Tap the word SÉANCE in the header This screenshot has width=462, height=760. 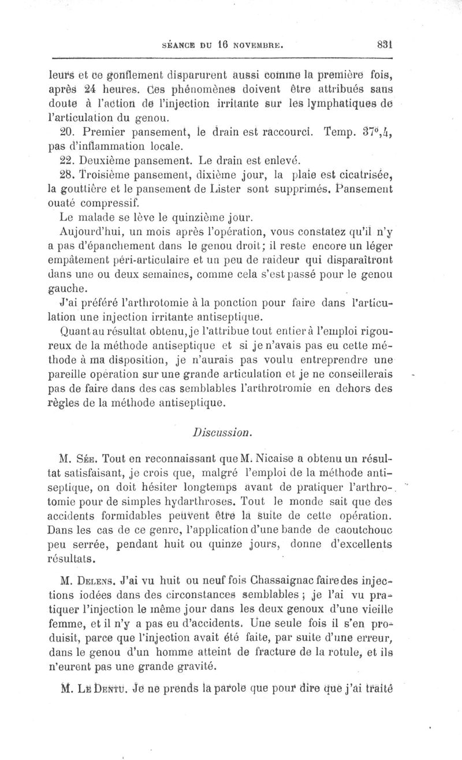click(181, 43)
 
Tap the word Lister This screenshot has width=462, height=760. click(233, 189)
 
